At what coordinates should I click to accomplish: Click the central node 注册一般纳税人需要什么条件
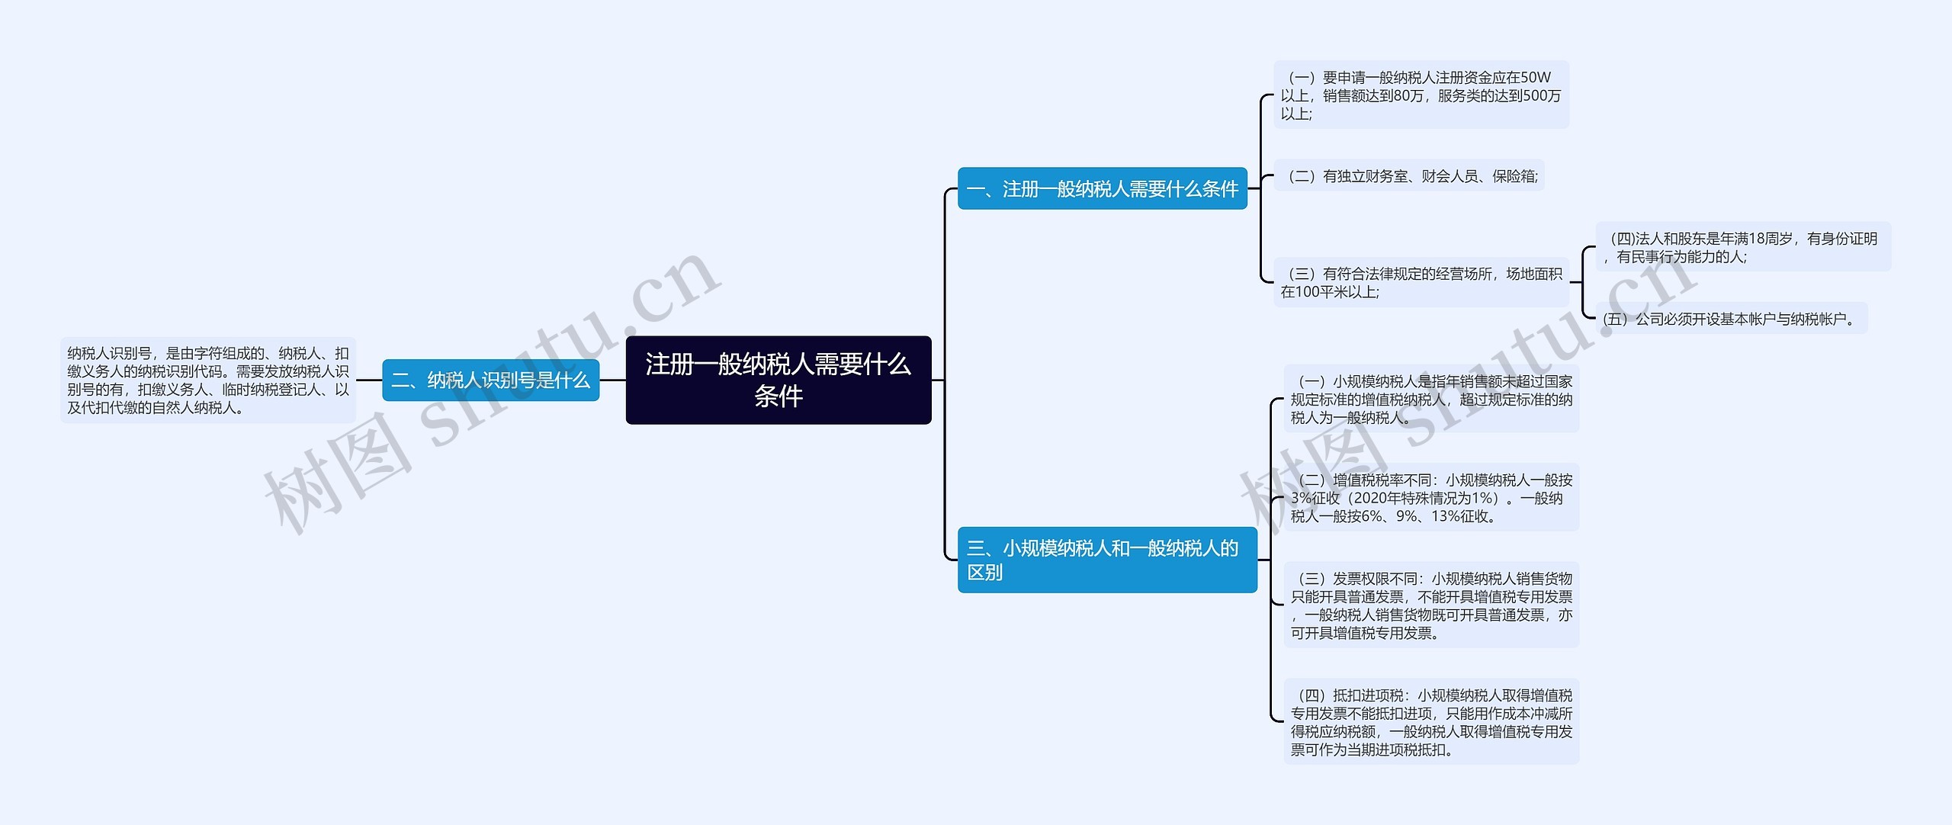[778, 380]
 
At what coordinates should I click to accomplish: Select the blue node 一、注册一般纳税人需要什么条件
[1102, 188]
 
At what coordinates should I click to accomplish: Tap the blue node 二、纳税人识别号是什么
[490, 380]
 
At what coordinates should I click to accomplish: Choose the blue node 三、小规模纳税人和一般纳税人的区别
[1106, 560]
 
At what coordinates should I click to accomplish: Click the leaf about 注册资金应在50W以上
[1421, 95]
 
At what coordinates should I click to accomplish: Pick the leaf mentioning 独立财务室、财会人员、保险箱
[1409, 176]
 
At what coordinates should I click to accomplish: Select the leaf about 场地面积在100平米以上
[1421, 283]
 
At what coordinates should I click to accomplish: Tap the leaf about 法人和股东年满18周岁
[1742, 247]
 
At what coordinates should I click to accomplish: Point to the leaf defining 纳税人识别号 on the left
[207, 380]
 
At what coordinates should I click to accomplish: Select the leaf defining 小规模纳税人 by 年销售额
[1430, 399]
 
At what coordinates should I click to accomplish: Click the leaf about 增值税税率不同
[1430, 498]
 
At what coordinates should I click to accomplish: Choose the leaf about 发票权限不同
[1430, 605]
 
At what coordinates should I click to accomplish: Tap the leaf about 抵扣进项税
[1430, 722]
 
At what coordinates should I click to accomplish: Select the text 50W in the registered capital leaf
[1534, 78]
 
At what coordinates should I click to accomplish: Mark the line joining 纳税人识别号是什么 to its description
[369, 380]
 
